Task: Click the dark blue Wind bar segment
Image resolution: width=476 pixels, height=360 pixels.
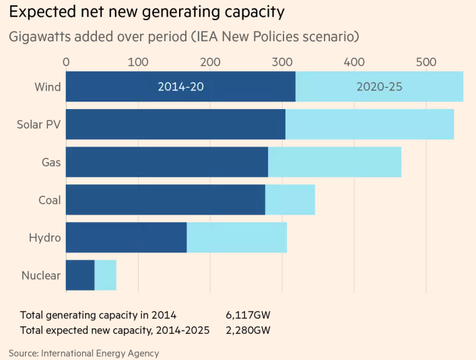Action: tap(121, 87)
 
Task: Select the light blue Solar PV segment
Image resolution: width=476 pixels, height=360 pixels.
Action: tap(369, 124)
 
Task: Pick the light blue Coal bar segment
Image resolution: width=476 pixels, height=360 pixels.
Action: tap(290, 200)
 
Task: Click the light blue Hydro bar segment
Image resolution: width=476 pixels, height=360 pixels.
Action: tap(236, 238)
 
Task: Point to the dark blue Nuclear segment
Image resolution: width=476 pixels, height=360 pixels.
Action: tap(80, 275)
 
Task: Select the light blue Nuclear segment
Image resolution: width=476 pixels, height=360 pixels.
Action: tap(106, 275)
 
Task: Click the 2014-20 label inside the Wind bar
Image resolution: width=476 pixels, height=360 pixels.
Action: tap(180, 87)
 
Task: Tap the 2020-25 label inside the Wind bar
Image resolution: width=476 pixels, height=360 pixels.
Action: tap(379, 87)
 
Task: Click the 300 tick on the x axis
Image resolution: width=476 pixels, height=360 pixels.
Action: tap(283, 62)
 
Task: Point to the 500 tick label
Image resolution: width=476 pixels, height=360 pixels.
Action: tap(427, 62)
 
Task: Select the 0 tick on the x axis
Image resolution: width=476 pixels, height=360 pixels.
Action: tap(66, 62)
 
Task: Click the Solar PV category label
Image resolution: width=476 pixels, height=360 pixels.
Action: tap(38, 124)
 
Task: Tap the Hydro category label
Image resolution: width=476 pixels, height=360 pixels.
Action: tap(45, 238)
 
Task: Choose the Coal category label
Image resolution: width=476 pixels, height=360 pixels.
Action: tap(50, 200)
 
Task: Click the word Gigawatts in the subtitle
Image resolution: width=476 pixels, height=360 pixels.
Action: tap(41, 36)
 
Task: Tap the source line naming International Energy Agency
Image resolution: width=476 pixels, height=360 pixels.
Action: tap(84, 352)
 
